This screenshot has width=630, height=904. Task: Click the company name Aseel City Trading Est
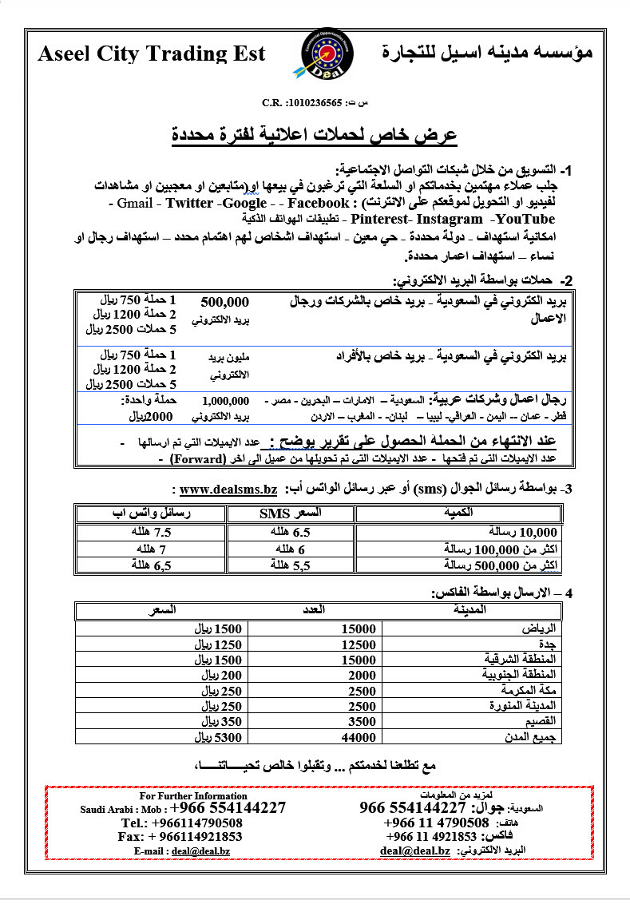152,54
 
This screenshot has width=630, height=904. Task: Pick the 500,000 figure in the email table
225,303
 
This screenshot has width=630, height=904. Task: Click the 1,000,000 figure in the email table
225,401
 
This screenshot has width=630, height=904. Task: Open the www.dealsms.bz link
228,488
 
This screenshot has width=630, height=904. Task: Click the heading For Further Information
193,796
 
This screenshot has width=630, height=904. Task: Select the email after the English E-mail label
204,851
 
